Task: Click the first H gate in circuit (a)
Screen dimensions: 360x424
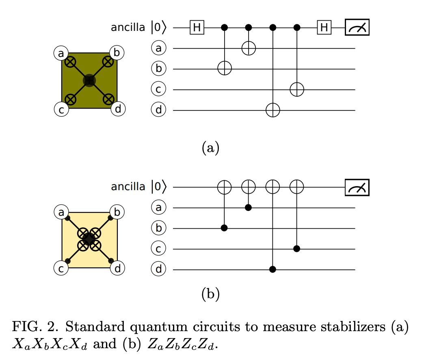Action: pyautogui.click(x=197, y=28)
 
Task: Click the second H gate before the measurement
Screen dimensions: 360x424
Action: pyautogui.click(x=324, y=28)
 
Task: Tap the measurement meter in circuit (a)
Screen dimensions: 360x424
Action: pyautogui.click(x=357, y=28)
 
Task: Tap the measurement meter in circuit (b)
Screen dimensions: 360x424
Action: pyautogui.click(x=357, y=187)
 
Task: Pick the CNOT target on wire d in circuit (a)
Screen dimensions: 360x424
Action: pyautogui.click(x=273, y=110)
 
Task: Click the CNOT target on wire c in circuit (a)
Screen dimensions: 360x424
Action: pyautogui.click(x=297, y=89)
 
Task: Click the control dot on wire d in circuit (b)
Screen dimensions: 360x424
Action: pyautogui.click(x=273, y=269)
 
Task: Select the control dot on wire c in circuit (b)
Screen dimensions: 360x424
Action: pyautogui.click(x=297, y=249)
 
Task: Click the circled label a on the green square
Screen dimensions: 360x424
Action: pyautogui.click(x=61, y=53)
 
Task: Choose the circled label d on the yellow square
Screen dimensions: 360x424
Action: pyautogui.click(x=118, y=268)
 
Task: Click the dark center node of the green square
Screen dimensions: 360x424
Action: pyautogui.click(x=89, y=81)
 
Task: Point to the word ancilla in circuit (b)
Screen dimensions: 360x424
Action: pyautogui.click(x=128, y=187)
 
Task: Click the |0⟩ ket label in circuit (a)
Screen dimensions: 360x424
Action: pyautogui.click(x=158, y=28)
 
